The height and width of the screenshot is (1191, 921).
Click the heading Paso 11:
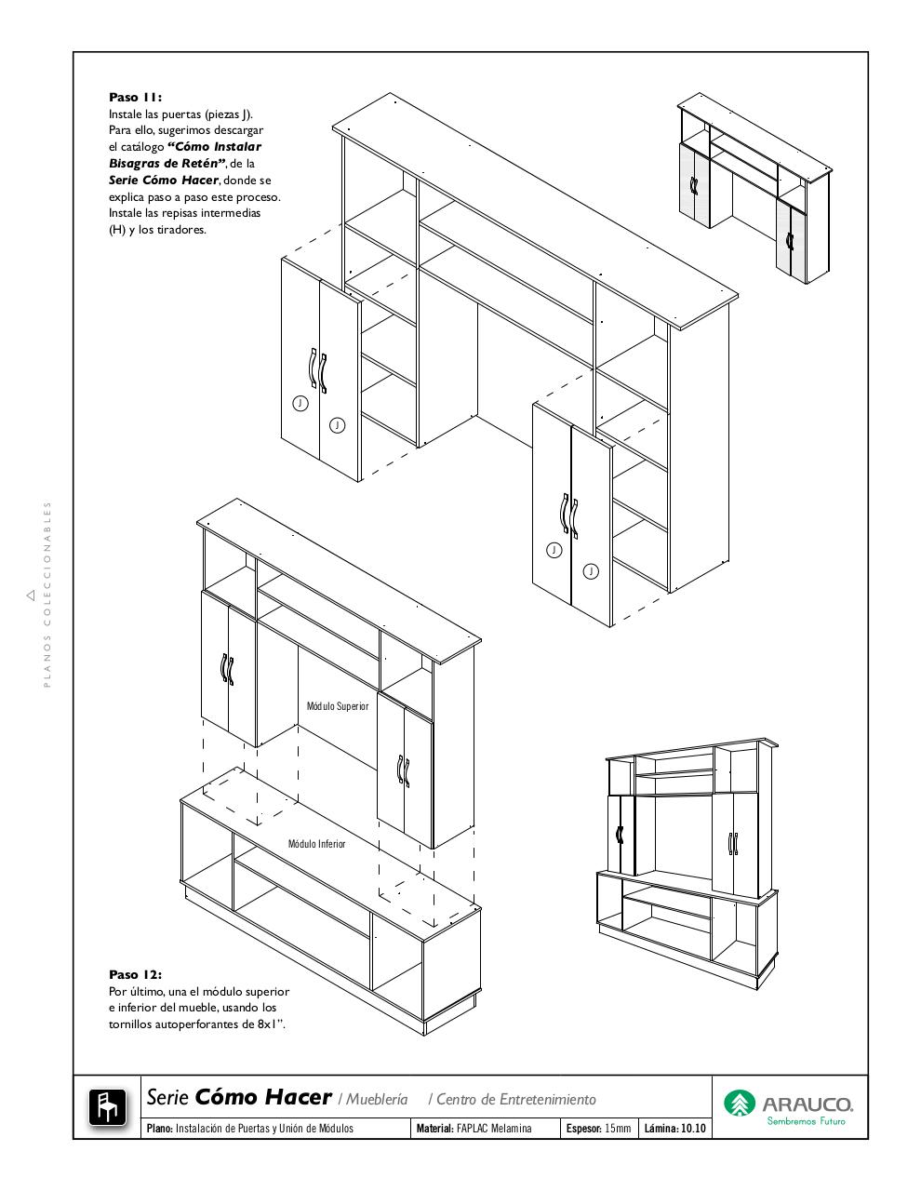(135, 97)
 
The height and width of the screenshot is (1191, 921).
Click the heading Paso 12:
(135, 974)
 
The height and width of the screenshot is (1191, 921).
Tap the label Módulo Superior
(338, 706)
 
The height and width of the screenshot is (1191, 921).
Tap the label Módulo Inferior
(316, 844)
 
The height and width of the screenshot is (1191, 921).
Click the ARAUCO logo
(789, 1105)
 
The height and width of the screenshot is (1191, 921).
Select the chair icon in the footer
(107, 1107)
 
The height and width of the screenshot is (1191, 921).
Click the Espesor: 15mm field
(598, 1129)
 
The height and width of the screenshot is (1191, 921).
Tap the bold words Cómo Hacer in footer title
(263, 1097)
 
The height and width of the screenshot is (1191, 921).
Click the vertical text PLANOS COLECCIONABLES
(47, 595)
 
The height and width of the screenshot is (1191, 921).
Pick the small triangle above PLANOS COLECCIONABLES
(31, 594)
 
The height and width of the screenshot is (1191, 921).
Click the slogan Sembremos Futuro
(806, 1121)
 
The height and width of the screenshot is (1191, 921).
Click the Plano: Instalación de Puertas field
(249, 1129)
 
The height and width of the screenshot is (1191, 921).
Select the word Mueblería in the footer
(378, 1099)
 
